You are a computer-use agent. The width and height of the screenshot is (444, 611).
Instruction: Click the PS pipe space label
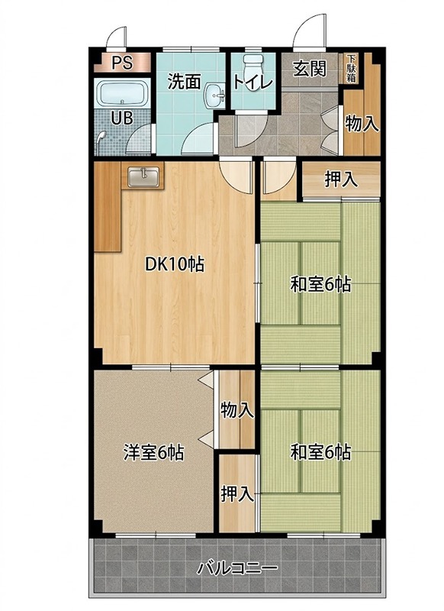pos(122,63)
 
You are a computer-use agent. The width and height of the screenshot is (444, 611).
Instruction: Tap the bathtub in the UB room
pos(123,93)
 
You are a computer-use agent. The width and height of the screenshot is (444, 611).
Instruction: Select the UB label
pos(122,118)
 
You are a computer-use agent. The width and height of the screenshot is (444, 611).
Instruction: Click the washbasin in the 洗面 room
pos(215,95)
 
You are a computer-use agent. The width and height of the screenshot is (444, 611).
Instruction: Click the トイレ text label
pos(253,82)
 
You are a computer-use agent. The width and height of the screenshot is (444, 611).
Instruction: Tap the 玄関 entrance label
pos(310,69)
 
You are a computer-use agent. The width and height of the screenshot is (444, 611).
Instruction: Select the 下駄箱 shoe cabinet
pos(351,69)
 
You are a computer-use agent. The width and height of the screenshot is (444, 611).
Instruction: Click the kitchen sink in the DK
pos(143,177)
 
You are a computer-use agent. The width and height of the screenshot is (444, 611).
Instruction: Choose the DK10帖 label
pos(175,264)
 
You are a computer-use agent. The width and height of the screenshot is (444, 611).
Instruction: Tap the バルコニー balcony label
pos(237,568)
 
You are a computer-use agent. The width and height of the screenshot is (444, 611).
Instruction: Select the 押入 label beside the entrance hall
pos(341,179)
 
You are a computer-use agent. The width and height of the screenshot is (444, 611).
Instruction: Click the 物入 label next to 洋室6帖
pos(237,410)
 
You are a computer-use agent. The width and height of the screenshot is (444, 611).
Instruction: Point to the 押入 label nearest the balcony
pos(237,493)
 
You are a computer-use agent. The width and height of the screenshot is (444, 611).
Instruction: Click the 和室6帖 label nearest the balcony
pos(320,452)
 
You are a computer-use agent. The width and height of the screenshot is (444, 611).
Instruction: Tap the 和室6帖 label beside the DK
pos(320,284)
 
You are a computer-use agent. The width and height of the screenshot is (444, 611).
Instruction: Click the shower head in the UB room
pos(101,136)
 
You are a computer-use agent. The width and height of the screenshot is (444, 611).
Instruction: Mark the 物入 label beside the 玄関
pos(362,124)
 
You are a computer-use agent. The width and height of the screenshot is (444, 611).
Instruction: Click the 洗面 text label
pos(184,82)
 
